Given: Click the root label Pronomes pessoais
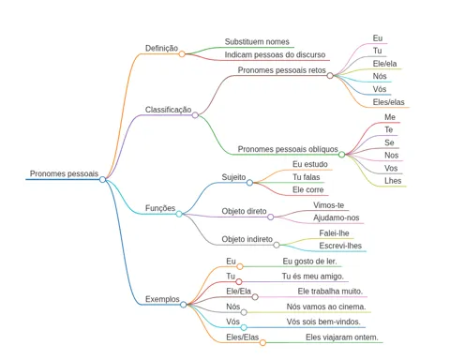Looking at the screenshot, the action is [x=64, y=173].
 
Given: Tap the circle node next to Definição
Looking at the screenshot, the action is [x=182, y=54].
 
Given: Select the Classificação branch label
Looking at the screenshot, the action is [x=168, y=110].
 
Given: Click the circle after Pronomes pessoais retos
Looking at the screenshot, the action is [x=330, y=76].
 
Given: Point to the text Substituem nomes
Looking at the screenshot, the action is [x=257, y=41].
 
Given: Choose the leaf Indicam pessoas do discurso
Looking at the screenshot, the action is [x=275, y=54].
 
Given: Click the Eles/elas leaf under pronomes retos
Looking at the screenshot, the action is [x=388, y=102].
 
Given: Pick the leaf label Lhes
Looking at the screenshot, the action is [x=393, y=181].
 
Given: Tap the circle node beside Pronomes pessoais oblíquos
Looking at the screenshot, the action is [x=342, y=155].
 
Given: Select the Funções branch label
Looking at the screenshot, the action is [x=160, y=208].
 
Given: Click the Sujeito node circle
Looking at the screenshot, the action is [x=249, y=183].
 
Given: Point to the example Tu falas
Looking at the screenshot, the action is [x=307, y=177].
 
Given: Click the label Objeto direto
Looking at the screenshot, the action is [x=244, y=211].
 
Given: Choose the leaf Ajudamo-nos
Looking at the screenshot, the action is [x=337, y=217].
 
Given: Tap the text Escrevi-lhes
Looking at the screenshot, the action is [x=340, y=246].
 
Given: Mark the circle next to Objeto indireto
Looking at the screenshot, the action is [x=277, y=245].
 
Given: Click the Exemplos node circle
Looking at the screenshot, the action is [x=184, y=305].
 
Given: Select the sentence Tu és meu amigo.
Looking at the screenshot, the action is [x=313, y=277].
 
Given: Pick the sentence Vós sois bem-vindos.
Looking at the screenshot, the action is [x=323, y=322].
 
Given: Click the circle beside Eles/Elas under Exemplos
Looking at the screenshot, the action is [x=262, y=343].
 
